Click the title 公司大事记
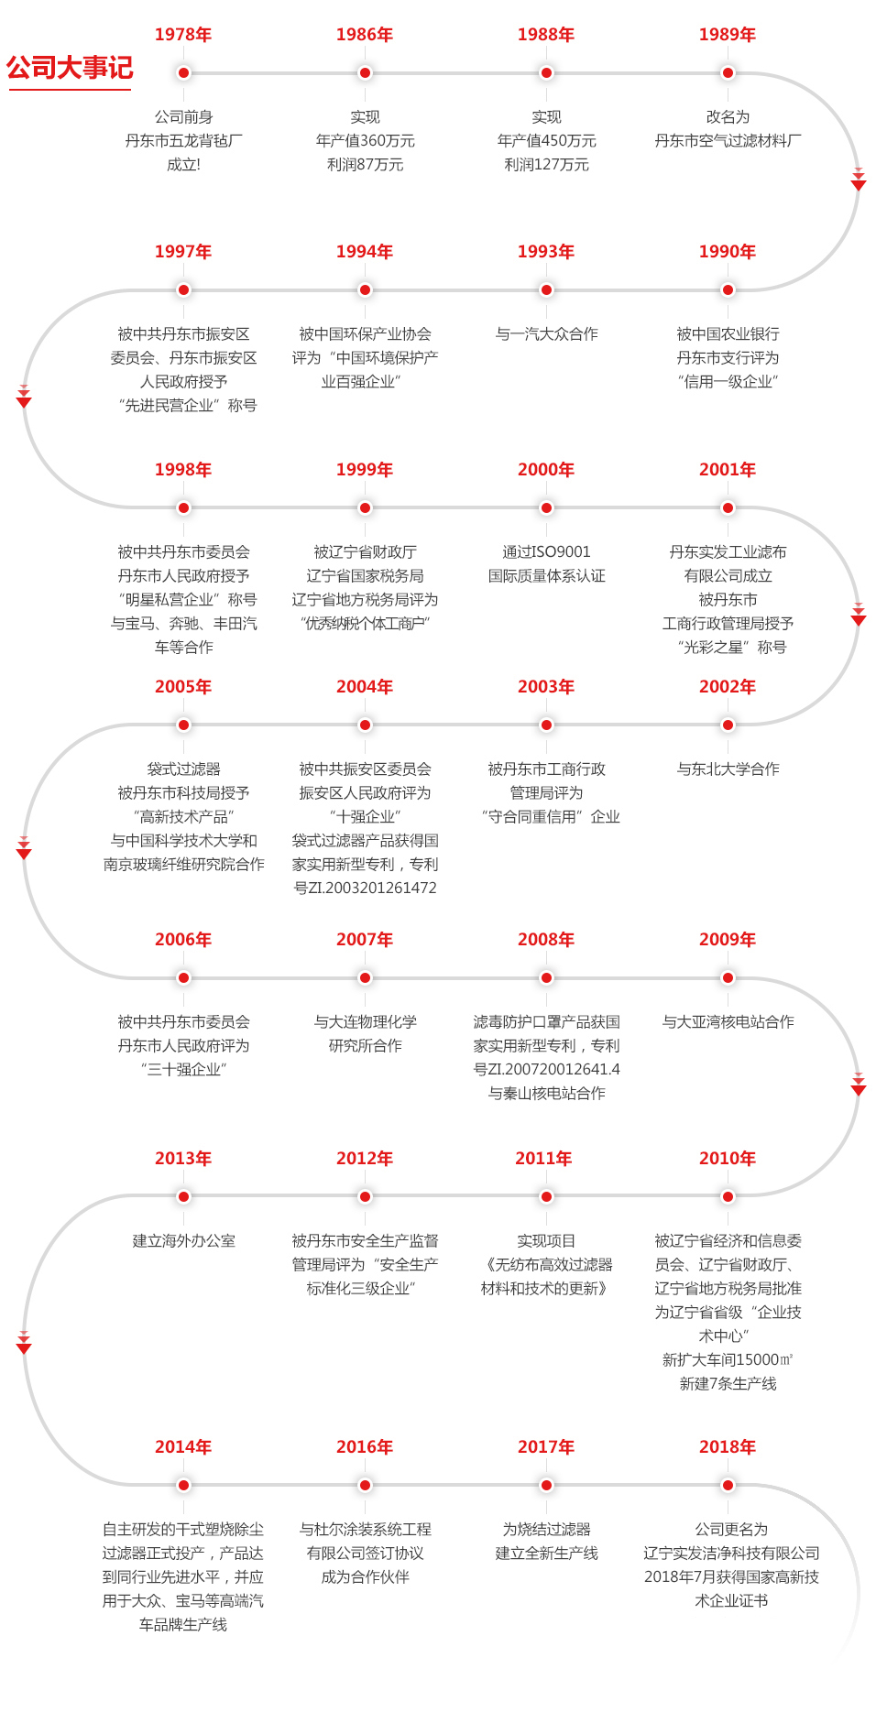click(70, 68)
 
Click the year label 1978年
click(183, 35)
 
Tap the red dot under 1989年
click(728, 73)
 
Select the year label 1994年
click(365, 252)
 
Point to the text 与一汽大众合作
click(546, 334)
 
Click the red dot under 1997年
click(183, 290)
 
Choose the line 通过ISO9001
click(546, 552)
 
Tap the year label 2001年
click(728, 470)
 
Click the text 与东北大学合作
click(728, 769)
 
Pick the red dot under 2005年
click(183, 725)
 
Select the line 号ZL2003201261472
click(365, 889)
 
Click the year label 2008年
click(546, 940)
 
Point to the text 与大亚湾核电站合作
click(728, 1022)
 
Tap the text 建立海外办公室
click(183, 1241)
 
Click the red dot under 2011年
click(546, 1197)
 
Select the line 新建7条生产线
click(728, 1384)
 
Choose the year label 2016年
click(365, 1447)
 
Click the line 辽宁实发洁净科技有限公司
click(731, 1554)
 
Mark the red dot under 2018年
click(728, 1486)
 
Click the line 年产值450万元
click(546, 141)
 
